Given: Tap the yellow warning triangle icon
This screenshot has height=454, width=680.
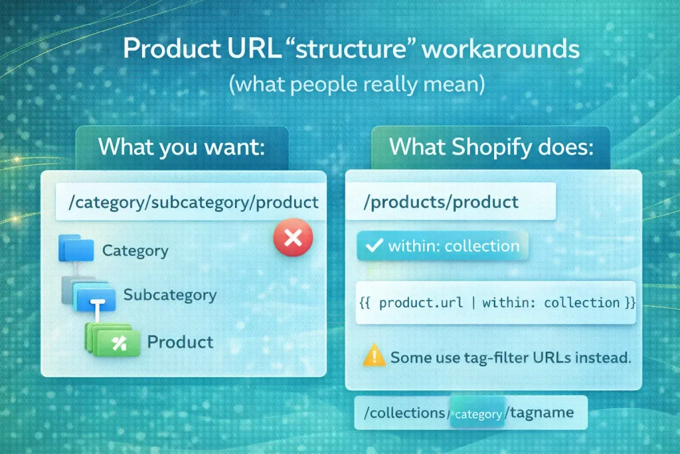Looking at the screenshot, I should pos(374,356).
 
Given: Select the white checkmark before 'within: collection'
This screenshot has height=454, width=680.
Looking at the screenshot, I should pos(375,246).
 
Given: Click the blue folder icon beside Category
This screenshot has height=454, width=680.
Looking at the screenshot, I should pos(78,248).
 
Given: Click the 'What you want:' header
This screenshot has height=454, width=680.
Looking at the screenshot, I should pos(181,147).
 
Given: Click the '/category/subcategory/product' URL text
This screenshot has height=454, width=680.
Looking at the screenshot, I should pos(188,202).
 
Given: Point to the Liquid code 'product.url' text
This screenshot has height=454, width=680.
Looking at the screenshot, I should pos(422,303).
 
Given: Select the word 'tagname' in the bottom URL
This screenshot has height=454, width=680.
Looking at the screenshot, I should pos(539,413).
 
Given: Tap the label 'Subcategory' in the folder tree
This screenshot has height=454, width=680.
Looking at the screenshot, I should pos(170,294).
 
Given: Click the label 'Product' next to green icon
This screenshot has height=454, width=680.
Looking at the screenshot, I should pos(180,342).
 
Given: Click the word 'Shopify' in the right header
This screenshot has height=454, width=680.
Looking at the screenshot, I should pos(492,147).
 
